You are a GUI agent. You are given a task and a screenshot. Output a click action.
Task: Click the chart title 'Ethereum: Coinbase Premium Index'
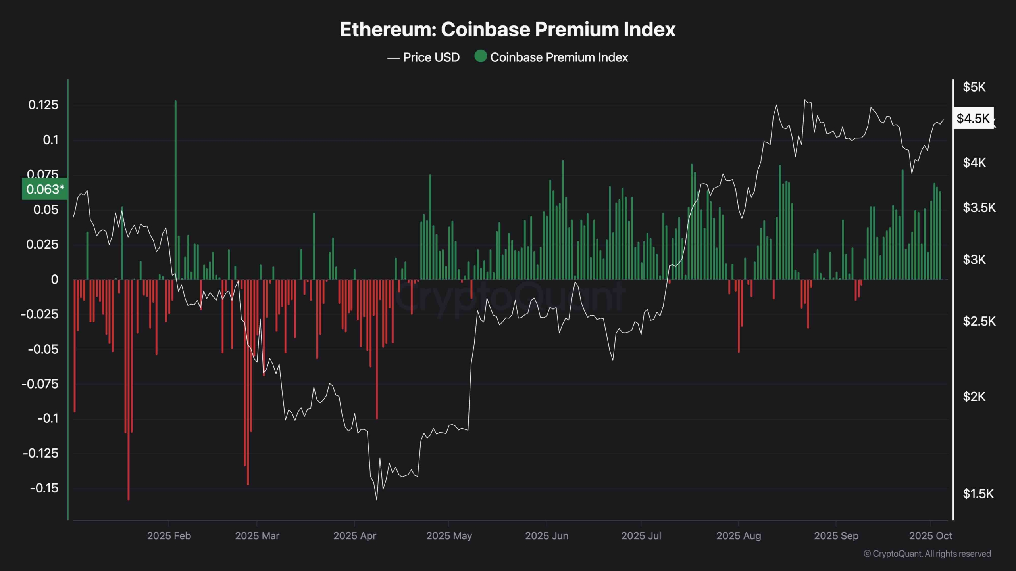click(x=508, y=29)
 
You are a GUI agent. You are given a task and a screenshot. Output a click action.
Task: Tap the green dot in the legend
click(x=481, y=56)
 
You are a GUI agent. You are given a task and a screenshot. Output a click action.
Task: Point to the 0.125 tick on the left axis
click(x=43, y=105)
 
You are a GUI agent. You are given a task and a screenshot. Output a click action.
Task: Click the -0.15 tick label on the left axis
click(x=44, y=488)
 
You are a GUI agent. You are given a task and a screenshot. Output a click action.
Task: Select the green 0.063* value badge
click(x=45, y=189)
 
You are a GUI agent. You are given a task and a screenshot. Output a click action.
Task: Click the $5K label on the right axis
click(x=974, y=87)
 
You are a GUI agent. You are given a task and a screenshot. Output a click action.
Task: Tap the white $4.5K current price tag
click(x=973, y=118)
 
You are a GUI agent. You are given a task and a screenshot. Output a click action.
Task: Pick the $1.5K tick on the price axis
click(x=978, y=494)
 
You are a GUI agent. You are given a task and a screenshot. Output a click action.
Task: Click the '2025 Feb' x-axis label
click(x=169, y=536)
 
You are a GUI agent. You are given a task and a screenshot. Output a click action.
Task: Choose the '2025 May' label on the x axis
click(x=449, y=536)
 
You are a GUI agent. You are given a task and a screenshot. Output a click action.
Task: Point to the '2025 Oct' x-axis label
click(x=930, y=536)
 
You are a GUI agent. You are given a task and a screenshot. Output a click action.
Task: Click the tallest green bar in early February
click(x=175, y=190)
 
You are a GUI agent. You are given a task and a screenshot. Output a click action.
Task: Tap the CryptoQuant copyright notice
click(x=927, y=554)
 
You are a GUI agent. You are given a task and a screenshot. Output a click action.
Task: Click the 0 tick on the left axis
click(x=55, y=280)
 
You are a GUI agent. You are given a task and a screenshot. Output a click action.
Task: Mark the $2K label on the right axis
click(x=974, y=396)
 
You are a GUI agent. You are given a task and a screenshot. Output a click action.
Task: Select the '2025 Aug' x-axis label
click(x=739, y=536)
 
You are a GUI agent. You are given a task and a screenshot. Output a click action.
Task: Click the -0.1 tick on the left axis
click(x=48, y=418)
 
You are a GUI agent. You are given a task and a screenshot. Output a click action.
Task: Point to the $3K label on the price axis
click(x=974, y=260)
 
